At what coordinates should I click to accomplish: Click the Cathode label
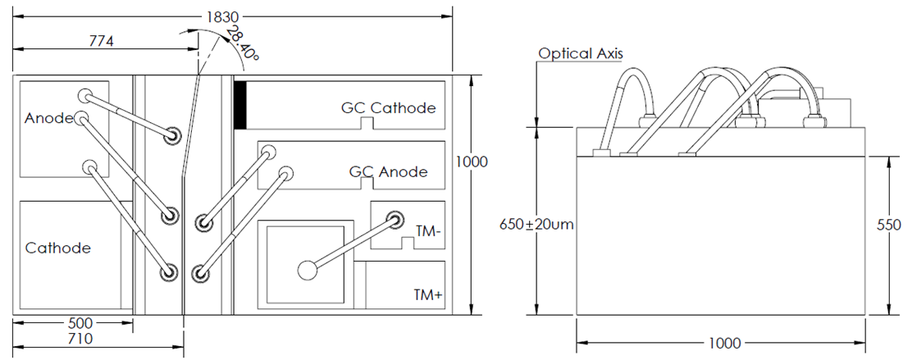point(57,248)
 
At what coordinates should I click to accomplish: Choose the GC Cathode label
point(389,108)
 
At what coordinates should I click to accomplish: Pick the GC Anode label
point(389,172)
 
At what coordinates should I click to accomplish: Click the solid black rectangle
point(240,105)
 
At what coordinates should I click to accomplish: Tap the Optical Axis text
point(581,54)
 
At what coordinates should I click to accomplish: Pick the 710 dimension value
point(80,338)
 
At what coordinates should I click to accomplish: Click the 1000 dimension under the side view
point(721,343)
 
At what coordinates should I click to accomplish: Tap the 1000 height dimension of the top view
point(472,162)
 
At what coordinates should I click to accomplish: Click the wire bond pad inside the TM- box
point(395,220)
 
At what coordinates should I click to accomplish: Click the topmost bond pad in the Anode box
point(84,94)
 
